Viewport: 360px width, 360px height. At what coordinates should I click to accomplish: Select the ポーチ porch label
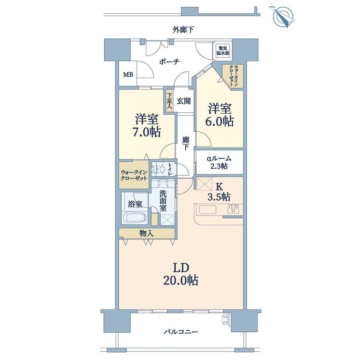point(169,61)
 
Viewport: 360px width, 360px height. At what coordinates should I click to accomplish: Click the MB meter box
point(128,74)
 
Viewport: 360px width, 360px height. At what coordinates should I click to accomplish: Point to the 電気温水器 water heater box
point(224,50)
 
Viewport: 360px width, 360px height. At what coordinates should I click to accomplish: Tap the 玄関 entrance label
point(183,101)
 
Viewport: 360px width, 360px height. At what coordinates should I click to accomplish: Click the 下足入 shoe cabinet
point(169,101)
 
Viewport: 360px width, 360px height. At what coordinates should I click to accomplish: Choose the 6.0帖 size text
point(220,121)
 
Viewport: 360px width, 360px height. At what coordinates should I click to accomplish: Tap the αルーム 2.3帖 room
point(219,162)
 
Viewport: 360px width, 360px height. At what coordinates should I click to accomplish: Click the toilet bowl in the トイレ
point(158,169)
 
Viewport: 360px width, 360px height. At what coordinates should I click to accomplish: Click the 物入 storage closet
point(146,233)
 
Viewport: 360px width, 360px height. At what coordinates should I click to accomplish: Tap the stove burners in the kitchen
point(234,209)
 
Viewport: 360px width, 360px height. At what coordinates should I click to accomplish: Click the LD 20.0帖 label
point(180,274)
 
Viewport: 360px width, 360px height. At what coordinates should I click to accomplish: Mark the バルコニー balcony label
point(181,332)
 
